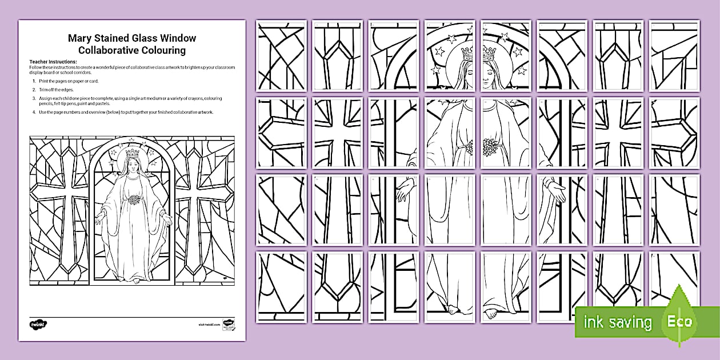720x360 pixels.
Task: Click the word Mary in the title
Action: click(x=80, y=39)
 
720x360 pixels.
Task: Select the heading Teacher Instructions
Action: click(x=53, y=62)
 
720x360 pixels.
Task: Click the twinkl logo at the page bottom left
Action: click(x=38, y=324)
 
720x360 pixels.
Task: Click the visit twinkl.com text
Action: click(x=209, y=324)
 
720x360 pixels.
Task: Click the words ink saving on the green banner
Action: click(x=617, y=323)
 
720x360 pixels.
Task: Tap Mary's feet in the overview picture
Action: click(x=133, y=278)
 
